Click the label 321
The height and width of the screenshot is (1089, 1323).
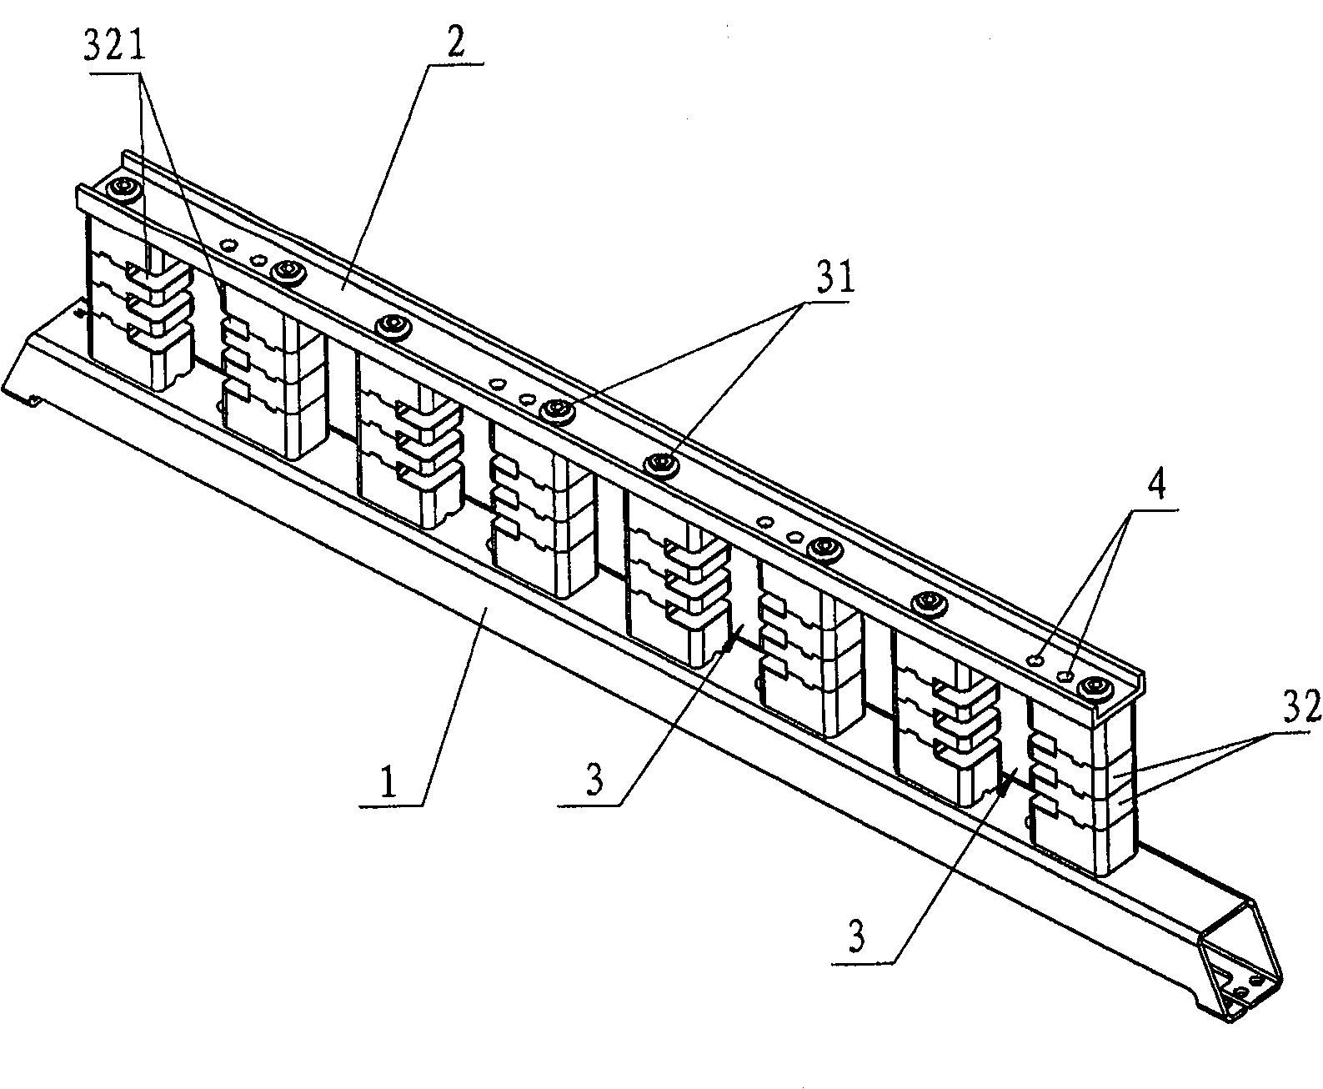pyautogui.click(x=115, y=46)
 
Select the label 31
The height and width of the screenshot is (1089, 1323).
pyautogui.click(x=835, y=278)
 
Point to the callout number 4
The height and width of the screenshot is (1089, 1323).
pyautogui.click(x=1157, y=485)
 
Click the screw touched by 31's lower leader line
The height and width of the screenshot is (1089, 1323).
pyautogui.click(x=659, y=464)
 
